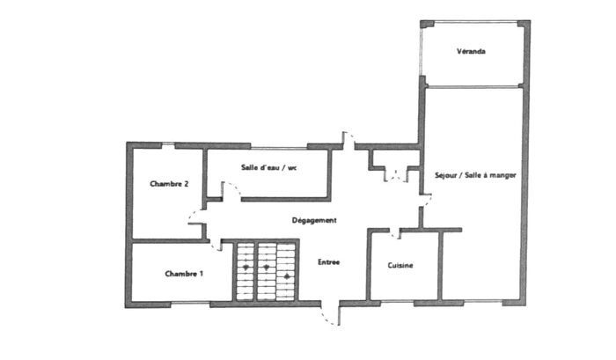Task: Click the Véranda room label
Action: coord(472,51)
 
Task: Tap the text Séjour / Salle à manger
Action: coord(475,175)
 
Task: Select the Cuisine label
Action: coord(400,265)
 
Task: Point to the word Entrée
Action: coord(329,261)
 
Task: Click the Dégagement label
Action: coord(314,220)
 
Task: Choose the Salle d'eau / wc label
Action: coord(268,166)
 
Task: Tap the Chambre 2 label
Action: coord(169,184)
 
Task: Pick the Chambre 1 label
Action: coord(184,274)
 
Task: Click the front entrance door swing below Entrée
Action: coord(331,313)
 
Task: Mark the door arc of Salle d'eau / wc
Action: coord(232,191)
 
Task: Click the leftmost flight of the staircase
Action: coord(245,271)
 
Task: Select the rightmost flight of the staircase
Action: coord(287,271)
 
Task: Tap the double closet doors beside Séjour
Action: coord(395,174)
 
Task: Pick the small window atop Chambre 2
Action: coord(168,144)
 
